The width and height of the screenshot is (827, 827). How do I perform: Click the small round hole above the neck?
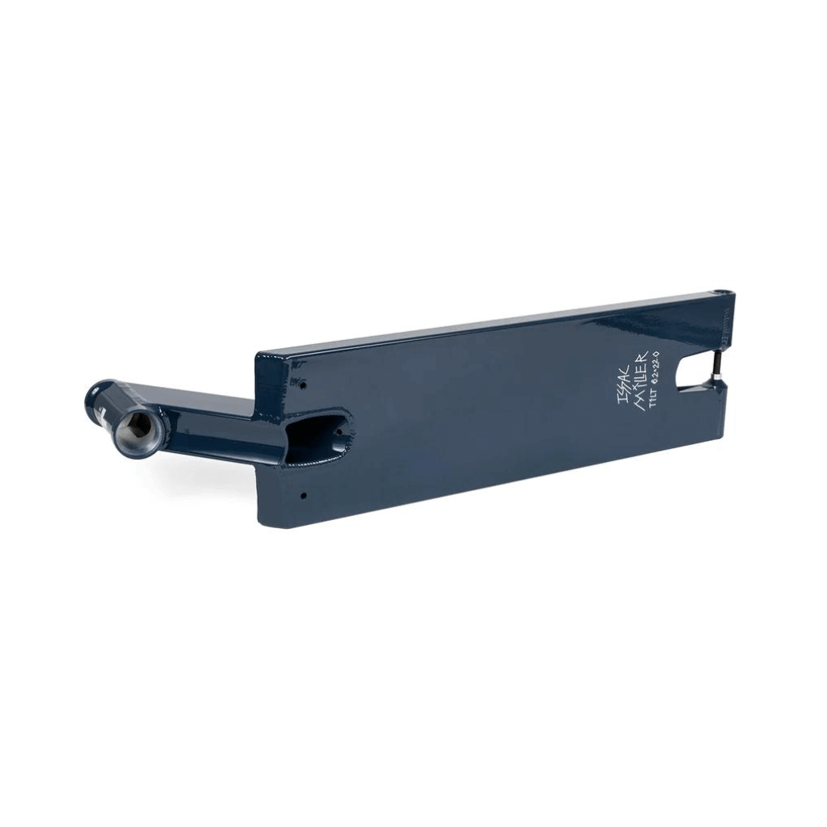pos(303,386)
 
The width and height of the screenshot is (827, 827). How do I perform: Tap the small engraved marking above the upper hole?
pos(296,376)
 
